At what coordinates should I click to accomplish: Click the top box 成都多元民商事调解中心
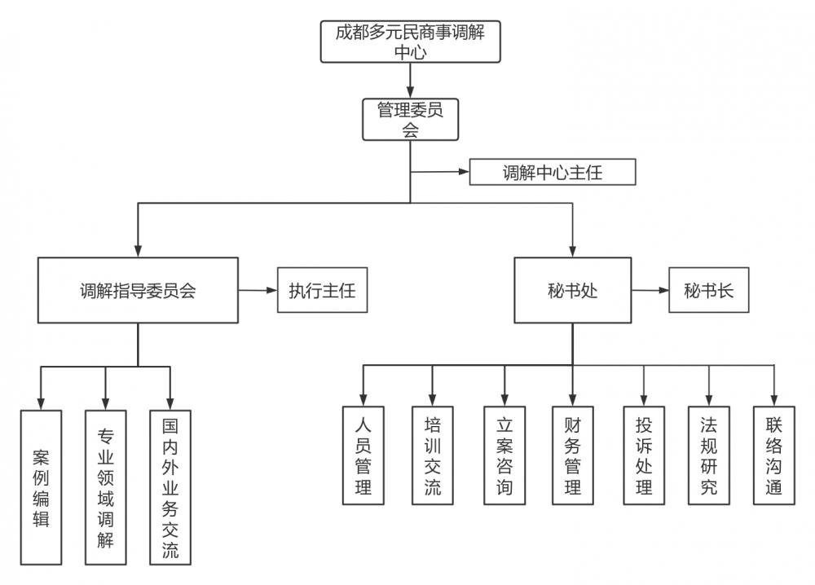[410, 42]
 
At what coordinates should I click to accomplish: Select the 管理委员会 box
[410, 119]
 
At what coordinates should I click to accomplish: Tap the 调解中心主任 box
[552, 173]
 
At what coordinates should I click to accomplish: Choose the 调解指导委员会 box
[138, 291]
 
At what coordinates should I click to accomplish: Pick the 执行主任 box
[322, 291]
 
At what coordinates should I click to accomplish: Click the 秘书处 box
[572, 291]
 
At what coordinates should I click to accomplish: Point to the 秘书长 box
[708, 291]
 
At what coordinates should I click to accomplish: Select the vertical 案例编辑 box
[41, 486]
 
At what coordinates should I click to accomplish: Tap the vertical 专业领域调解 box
[105, 486]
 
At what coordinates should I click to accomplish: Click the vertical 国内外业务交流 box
[170, 486]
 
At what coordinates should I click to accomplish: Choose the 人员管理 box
[363, 455]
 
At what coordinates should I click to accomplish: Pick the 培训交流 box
[433, 455]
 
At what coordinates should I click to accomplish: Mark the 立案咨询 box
[504, 455]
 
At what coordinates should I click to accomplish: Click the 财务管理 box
[572, 455]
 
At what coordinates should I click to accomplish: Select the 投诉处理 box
[644, 455]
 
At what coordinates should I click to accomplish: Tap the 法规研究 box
[708, 455]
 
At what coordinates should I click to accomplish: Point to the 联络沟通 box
[773, 455]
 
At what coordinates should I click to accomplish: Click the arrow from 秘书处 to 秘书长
[650, 291]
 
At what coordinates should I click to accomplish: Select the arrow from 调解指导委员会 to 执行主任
[258, 291]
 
